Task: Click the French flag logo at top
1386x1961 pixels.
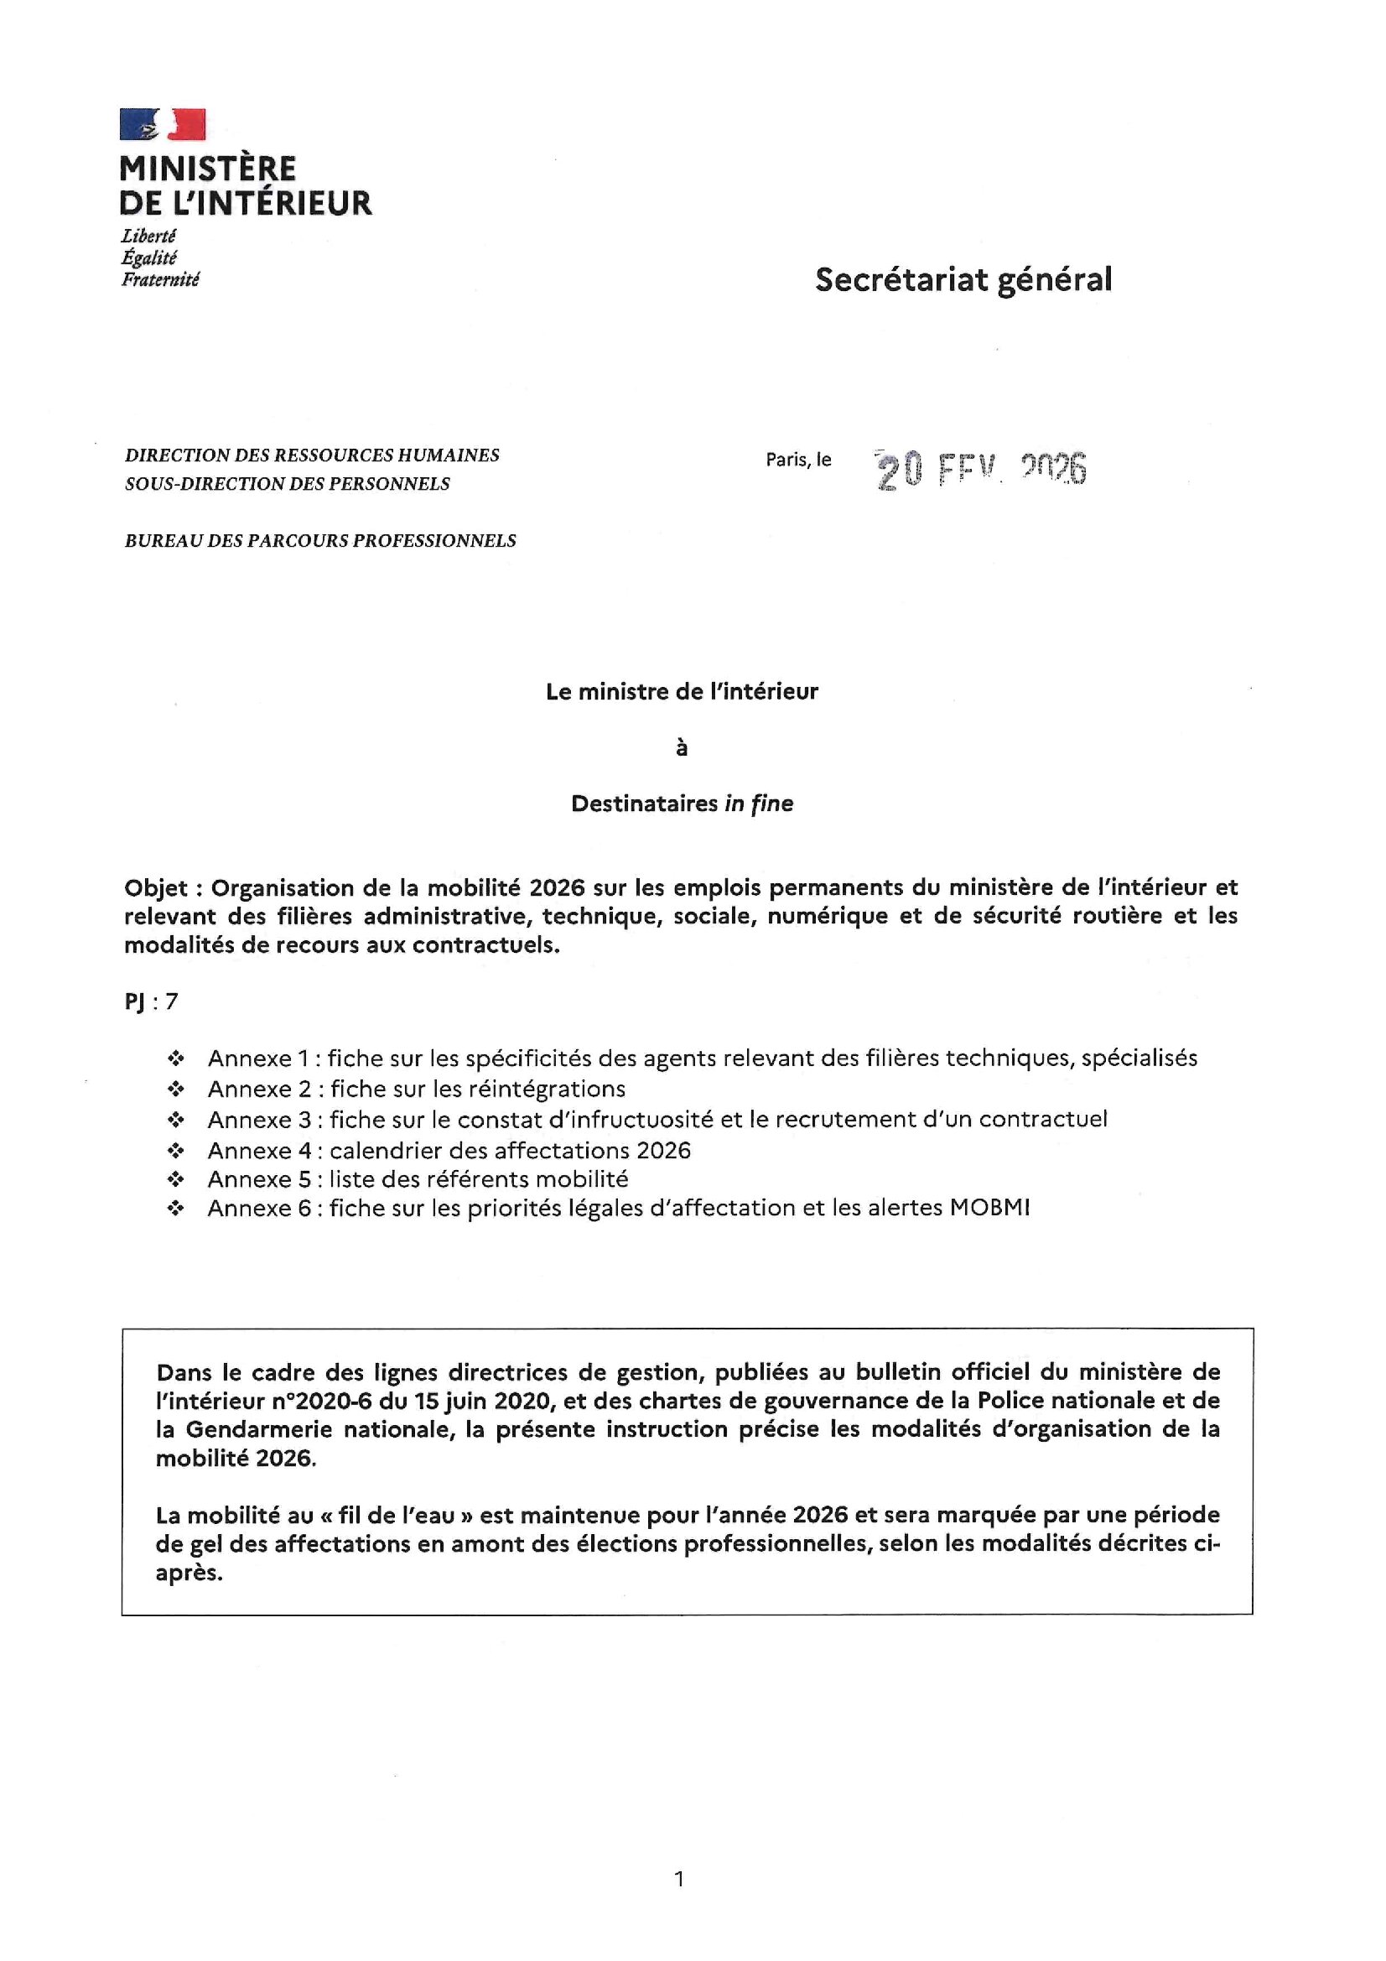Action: click(x=163, y=124)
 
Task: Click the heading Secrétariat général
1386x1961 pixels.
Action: click(x=963, y=279)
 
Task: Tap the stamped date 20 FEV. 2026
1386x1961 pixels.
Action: click(x=981, y=470)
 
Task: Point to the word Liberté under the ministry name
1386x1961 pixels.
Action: click(x=148, y=236)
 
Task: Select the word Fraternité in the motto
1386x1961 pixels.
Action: click(x=159, y=279)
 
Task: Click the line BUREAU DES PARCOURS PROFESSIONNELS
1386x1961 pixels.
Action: click(x=320, y=541)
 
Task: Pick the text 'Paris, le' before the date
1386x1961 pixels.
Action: click(x=797, y=460)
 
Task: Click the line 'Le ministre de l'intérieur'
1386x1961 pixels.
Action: click(x=682, y=692)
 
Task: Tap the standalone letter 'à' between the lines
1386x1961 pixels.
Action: click(x=682, y=748)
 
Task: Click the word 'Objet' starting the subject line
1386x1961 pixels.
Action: click(x=155, y=888)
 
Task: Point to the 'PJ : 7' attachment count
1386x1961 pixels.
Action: click(x=151, y=1001)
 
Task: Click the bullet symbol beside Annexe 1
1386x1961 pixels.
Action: click(x=176, y=1059)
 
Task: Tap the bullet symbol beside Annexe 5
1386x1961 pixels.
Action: click(x=176, y=1179)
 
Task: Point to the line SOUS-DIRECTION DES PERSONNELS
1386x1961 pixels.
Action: click(x=287, y=483)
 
